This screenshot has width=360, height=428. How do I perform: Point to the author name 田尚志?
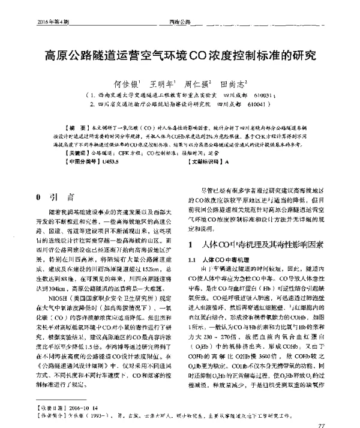(x=235, y=85)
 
